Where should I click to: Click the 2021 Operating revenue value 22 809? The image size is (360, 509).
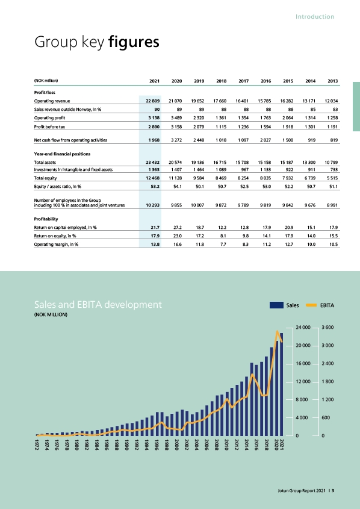[153, 101]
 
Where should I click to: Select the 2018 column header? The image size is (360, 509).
[221, 81]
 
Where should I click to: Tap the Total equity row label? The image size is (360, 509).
[45, 178]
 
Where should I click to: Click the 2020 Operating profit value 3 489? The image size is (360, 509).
[176, 118]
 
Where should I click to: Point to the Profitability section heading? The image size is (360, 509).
[46, 219]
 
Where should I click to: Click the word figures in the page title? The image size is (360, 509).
[134, 42]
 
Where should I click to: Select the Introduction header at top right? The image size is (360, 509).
[315, 16]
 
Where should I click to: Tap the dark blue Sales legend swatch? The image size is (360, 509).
[276, 305]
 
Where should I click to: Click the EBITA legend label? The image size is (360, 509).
[327, 305]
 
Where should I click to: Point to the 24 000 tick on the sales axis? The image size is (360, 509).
[303, 327]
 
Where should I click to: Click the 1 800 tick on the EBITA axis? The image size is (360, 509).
[327, 381]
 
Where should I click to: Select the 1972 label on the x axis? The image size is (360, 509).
[37, 445]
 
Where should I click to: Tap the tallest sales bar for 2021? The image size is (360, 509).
[282, 384]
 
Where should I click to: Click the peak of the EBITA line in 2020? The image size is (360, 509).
[277, 331]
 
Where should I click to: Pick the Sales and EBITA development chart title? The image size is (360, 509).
[98, 304]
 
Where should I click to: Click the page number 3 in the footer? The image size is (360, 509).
[333, 490]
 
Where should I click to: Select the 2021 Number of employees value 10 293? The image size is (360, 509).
[153, 205]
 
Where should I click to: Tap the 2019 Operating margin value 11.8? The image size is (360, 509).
[200, 245]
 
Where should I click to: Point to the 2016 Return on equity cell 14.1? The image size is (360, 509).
[267, 236]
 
